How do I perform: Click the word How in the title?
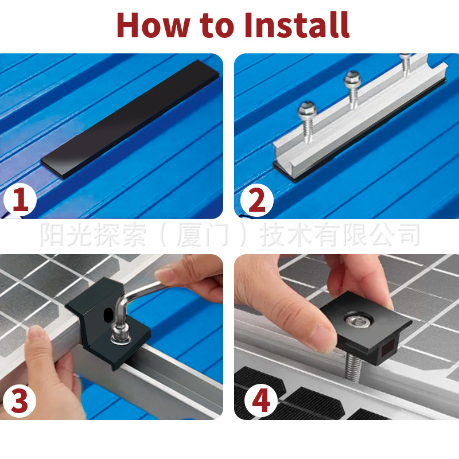click(154, 25)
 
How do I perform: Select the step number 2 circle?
click(256, 200)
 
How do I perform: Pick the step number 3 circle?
click(20, 400)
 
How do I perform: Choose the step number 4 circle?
click(261, 400)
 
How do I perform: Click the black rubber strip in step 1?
click(130, 119)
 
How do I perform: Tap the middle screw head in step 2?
click(353, 79)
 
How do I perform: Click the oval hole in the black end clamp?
click(108, 315)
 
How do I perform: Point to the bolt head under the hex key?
click(120, 338)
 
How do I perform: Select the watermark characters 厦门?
click(203, 235)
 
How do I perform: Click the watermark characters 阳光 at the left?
click(67, 235)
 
